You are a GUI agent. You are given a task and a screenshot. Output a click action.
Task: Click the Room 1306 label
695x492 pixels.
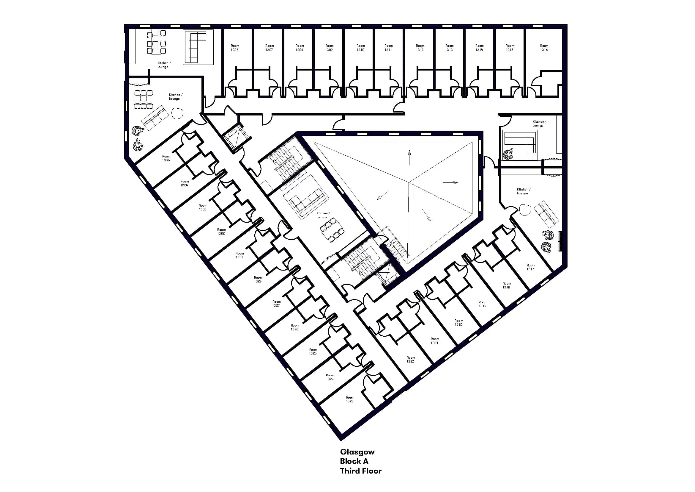click(235, 48)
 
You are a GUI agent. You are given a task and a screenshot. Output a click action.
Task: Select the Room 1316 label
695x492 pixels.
click(544, 48)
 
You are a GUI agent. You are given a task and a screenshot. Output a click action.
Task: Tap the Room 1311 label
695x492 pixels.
click(388, 48)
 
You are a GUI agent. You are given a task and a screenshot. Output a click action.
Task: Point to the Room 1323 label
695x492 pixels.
click(350, 399)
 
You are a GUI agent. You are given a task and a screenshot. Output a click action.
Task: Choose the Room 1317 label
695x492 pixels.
click(530, 267)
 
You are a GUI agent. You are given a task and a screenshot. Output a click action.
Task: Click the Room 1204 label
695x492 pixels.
click(184, 183)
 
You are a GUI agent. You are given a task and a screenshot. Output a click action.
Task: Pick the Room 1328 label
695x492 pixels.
click(258, 279)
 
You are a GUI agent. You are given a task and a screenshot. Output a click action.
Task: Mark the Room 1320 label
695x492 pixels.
click(458, 323)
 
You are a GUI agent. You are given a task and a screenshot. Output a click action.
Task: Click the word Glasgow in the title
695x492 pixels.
click(357, 452)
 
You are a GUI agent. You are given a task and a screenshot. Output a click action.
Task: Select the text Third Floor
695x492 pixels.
click(360, 471)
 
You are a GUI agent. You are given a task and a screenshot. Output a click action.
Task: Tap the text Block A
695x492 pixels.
click(354, 461)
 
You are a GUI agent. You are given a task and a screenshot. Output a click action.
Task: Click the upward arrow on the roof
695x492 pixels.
click(409, 157)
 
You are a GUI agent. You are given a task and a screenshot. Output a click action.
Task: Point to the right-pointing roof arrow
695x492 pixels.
click(450, 182)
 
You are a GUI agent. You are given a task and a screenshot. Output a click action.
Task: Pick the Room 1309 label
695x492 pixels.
click(329, 48)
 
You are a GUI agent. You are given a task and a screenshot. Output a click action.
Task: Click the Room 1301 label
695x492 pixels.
click(239, 255)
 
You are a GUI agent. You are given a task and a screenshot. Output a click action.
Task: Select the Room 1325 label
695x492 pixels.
click(313, 352)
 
